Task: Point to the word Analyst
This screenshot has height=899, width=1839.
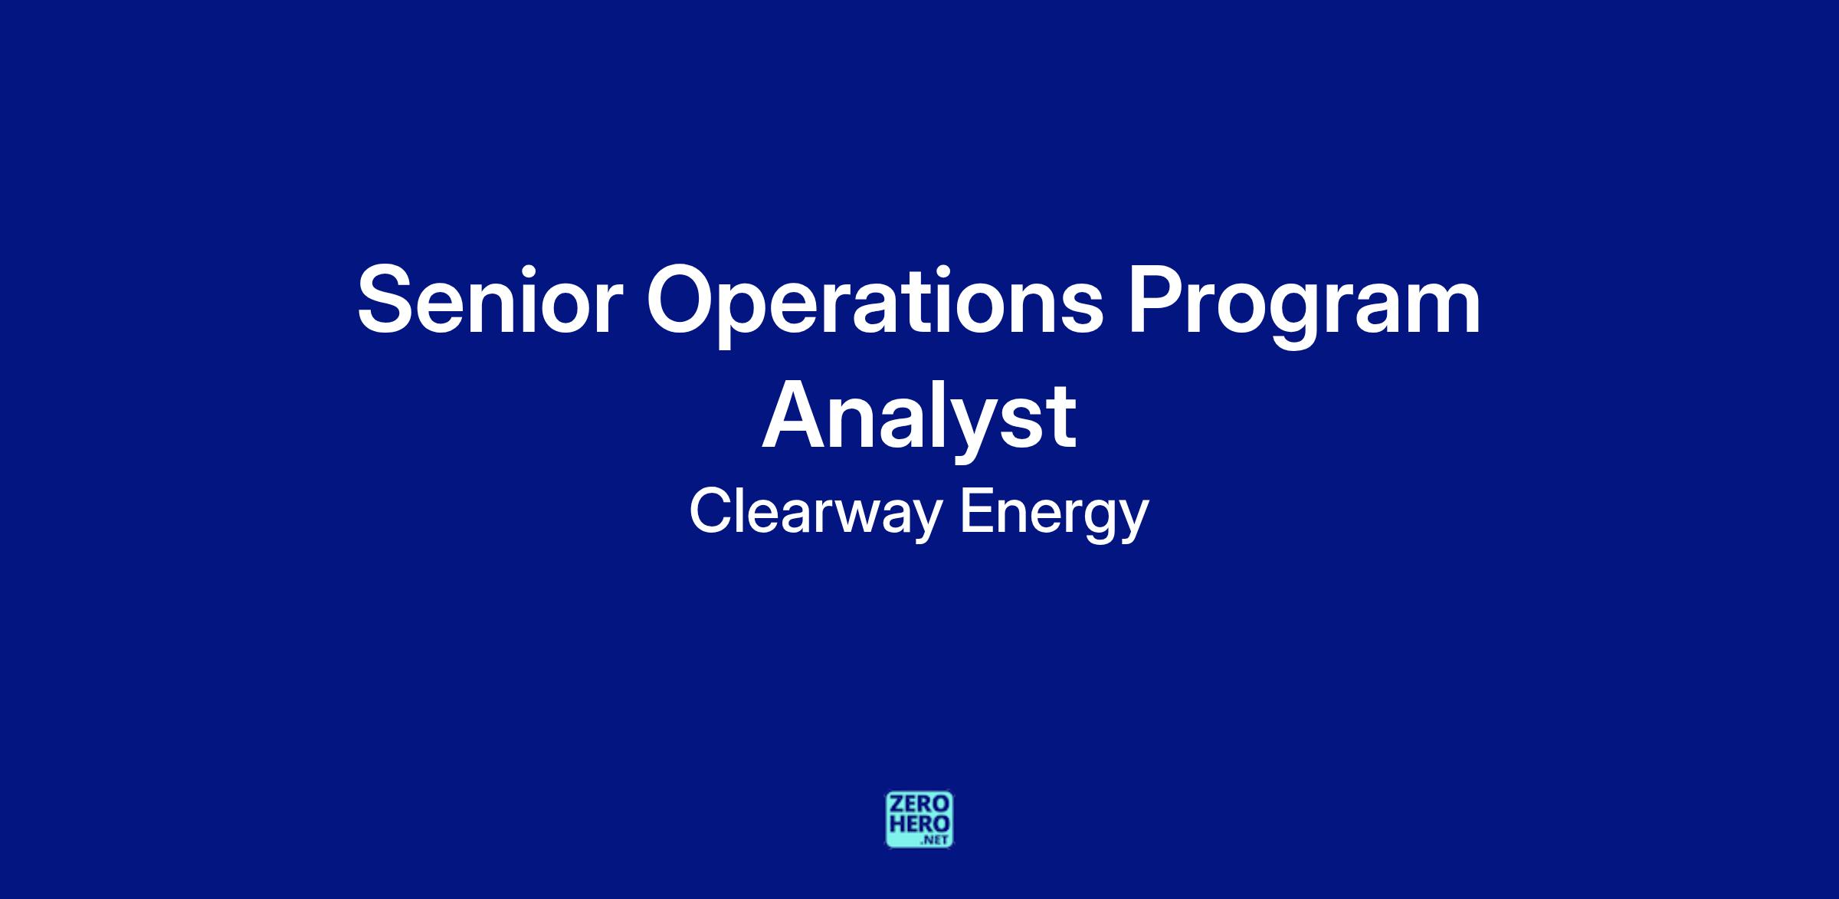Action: click(x=919, y=422)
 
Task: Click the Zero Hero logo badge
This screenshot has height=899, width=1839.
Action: click(x=919, y=819)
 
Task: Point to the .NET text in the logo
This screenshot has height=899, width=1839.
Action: click(x=936, y=841)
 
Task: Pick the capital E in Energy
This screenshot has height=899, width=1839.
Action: click(x=978, y=511)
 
